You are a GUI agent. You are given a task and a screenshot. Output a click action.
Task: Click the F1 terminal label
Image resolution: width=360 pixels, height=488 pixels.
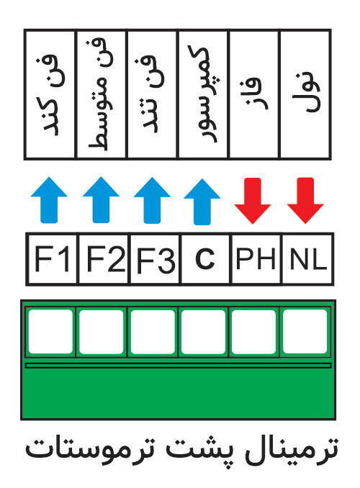[52, 258]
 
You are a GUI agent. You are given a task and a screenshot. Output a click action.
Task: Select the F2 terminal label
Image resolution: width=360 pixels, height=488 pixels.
[106, 258]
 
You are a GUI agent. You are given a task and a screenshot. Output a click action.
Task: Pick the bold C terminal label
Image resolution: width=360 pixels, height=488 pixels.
[205, 258]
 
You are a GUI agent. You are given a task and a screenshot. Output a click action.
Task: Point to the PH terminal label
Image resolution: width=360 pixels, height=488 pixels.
[256, 258]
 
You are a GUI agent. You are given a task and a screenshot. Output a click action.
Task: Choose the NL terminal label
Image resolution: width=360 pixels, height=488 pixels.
[308, 258]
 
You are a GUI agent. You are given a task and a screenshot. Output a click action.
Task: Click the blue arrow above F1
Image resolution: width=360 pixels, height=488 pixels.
[49, 200]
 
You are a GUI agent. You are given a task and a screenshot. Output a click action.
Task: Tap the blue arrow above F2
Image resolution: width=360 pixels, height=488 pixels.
[102, 200]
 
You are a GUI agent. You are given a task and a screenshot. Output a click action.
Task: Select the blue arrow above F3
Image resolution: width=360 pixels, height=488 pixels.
[152, 200]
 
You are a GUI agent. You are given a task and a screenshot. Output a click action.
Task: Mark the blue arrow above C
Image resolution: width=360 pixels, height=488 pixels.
[202, 202]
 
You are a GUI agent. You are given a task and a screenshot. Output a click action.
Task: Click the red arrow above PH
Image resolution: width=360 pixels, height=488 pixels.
[253, 201]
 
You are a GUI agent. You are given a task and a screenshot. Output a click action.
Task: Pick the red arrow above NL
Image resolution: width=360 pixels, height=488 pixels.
[305, 201]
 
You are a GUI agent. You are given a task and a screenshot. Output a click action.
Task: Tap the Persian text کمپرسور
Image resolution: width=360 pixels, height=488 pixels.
[204, 94]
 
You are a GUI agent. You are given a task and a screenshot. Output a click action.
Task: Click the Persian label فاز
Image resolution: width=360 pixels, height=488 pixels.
[254, 94]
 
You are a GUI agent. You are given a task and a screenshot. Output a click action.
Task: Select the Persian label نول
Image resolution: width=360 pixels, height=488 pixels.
[307, 93]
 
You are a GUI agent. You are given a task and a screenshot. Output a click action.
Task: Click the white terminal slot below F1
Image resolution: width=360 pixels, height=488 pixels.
[50, 332]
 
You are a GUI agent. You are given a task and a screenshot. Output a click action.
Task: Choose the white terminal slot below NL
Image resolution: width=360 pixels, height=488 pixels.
[305, 332]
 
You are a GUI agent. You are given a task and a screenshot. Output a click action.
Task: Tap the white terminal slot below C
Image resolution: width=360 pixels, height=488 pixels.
[203, 332]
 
